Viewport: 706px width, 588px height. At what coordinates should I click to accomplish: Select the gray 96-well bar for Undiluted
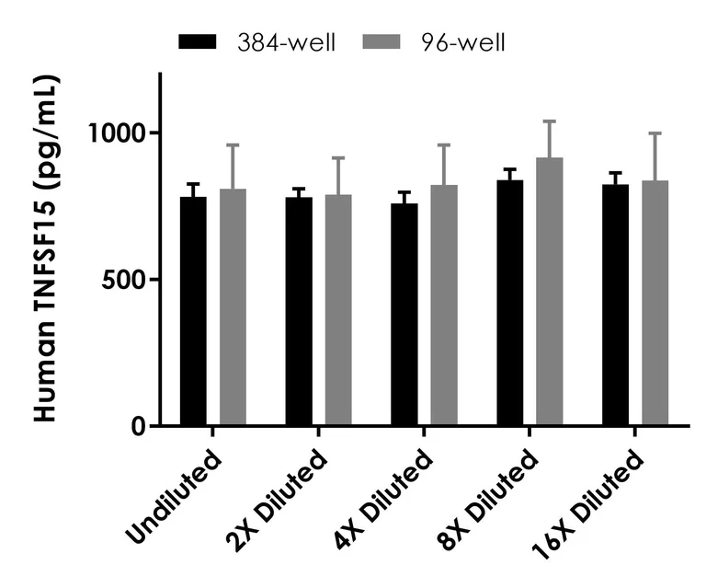tap(233, 307)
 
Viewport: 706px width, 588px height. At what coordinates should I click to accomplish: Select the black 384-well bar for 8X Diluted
tap(509, 303)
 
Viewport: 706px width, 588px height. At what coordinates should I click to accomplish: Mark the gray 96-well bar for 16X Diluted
tap(655, 303)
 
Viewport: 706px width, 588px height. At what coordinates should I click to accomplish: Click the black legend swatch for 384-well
tap(198, 41)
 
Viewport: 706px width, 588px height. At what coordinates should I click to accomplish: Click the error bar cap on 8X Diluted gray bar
tap(550, 121)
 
